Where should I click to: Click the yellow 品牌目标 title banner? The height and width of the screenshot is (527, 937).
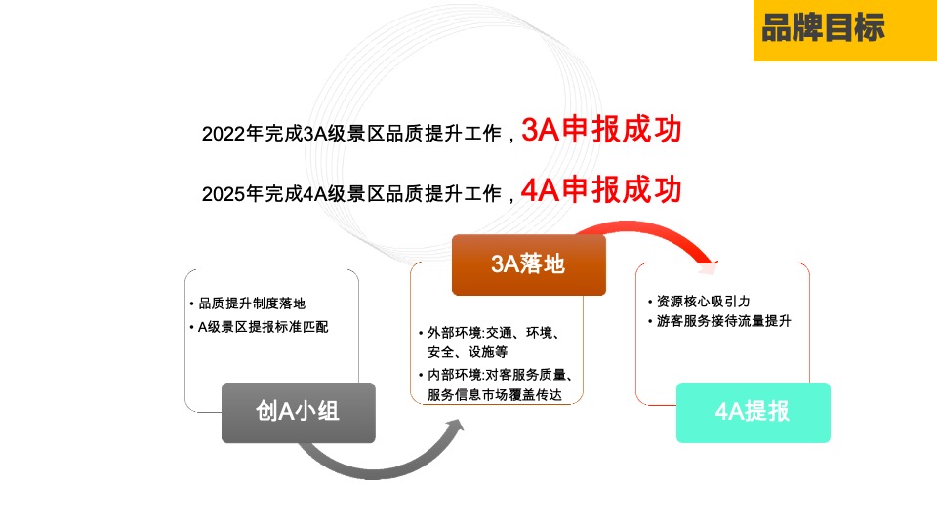coord(844,30)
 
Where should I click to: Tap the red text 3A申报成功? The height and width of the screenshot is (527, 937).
coord(601,130)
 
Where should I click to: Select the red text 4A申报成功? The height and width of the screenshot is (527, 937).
coord(601,190)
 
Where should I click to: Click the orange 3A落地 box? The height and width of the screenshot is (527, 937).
coord(528,264)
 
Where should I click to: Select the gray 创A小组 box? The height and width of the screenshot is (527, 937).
coord(298,412)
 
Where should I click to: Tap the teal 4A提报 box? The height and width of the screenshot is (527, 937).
coord(753,412)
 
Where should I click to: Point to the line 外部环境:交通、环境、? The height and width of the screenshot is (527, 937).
coord(493,333)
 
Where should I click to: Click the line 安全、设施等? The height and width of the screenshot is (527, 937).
coord(468,352)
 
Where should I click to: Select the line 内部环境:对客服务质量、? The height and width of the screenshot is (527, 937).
coord(499,374)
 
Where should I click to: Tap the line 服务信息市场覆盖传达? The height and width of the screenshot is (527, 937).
coord(495,394)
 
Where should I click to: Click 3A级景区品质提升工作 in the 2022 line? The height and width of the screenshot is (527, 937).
coord(402,135)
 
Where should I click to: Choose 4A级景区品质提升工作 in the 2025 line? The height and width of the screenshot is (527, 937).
coord(402,194)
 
